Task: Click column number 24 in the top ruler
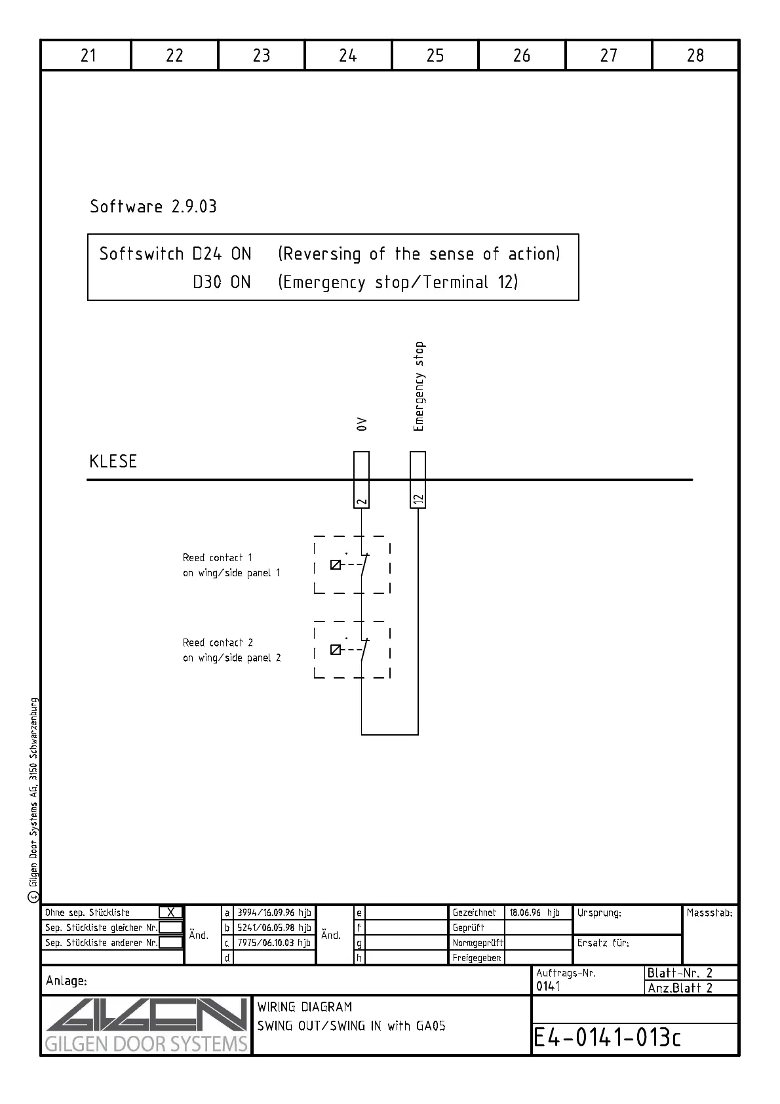348,56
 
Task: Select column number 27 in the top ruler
608,56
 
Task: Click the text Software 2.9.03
153,207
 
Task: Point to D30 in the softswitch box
206,283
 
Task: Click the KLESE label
113,462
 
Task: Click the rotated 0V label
361,424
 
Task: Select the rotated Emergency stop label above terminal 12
419,387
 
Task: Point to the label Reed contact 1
218,558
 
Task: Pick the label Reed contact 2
218,642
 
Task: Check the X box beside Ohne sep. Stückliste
170,913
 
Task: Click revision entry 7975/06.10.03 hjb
274,943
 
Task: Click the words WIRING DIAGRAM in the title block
305,1006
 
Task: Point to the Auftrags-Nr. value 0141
548,986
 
